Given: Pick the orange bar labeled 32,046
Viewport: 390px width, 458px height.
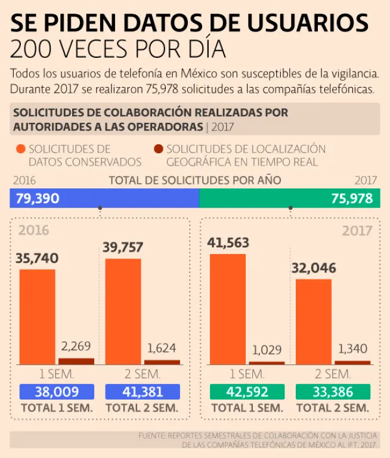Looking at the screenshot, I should pos(313,321).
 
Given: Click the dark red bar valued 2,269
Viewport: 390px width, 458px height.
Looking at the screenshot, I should pos(76,361).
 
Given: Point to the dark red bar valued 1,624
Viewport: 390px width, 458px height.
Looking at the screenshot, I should pos(162,362).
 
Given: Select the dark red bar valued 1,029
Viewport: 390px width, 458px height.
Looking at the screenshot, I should pos(267,363).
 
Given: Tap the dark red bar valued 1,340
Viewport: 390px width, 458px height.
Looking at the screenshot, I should pos(352,362).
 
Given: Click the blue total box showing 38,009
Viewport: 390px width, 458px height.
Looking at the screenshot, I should pos(56,392).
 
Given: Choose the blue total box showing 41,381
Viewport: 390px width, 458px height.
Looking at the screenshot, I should pos(142,392).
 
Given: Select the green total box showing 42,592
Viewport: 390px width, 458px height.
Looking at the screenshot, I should pos(246,392).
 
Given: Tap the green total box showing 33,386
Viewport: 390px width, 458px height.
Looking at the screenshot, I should pos(332,392).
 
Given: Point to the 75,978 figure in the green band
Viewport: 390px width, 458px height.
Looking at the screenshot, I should pos(352,199).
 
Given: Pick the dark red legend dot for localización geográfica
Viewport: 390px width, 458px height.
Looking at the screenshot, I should pos(158,149).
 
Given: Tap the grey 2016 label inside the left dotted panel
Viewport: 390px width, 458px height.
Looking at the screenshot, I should pos(34,231).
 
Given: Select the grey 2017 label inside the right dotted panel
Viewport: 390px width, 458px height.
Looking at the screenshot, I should pos(357,231).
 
